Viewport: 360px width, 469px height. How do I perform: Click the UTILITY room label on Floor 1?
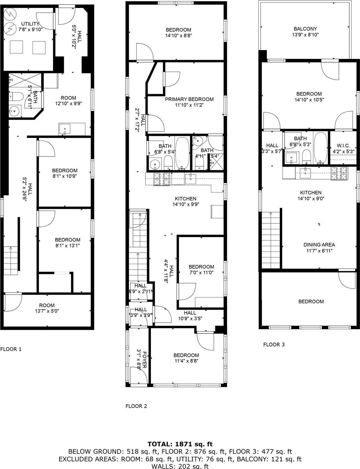pos(30,24)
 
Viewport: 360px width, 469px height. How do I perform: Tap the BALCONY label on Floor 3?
pos(305,29)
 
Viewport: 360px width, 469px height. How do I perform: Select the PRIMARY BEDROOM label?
pos(189,99)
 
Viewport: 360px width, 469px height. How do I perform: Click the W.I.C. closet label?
pos(343,146)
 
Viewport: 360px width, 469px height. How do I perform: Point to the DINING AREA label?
pos(319,245)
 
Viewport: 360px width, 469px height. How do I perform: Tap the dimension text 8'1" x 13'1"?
pos(67,246)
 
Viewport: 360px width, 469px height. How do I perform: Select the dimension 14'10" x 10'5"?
pos(309,100)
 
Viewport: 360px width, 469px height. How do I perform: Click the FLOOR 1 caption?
pos(11,349)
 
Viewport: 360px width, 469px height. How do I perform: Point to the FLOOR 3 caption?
pos(274,344)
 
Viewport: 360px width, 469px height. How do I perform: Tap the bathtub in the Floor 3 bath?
pos(321,148)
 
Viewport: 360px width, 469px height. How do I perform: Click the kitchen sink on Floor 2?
pos(191,179)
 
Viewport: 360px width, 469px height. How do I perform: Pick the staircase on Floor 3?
pos(271,240)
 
